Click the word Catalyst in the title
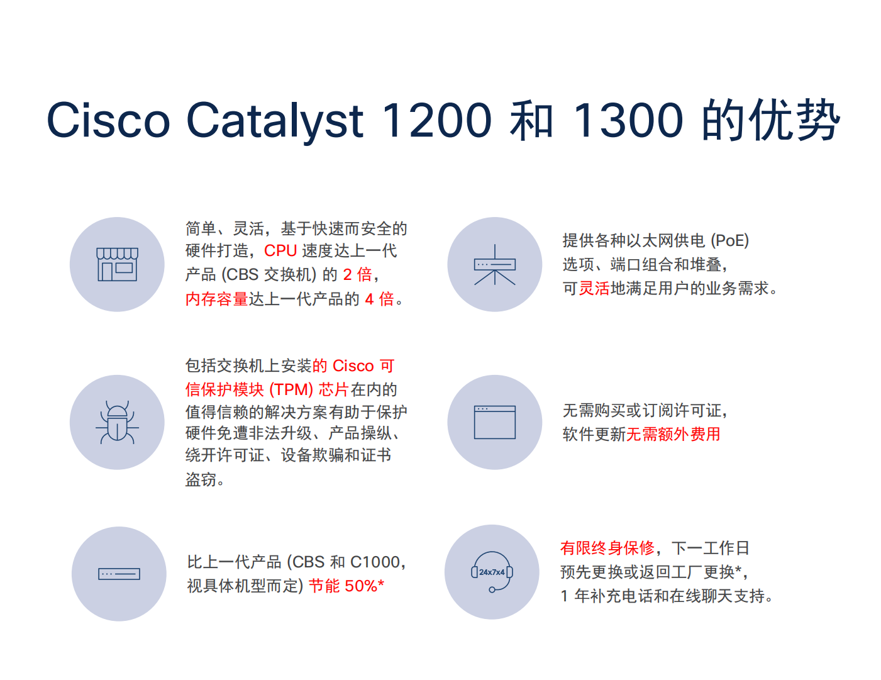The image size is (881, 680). pos(275,121)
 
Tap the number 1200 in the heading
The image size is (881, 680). pos(436,120)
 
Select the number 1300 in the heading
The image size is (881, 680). pos(629,120)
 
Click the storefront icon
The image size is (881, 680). pos(117,264)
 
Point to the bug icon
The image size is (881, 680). pos(117,422)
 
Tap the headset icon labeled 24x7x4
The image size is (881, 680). pos(492,572)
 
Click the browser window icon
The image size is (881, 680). pos(495,422)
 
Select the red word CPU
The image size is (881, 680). pos(280,250)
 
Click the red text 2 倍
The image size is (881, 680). pos(357,274)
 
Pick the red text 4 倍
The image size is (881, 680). pos(379,299)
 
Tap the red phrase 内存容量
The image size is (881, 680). pos(216,299)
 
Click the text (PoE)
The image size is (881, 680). pos(729,240)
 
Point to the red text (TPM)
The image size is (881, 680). pos(291,389)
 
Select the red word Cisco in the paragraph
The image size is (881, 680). pos(353,366)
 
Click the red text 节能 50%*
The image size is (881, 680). pos(346,586)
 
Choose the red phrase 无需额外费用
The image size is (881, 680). pos(673,434)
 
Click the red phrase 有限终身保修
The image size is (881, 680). pos(607,548)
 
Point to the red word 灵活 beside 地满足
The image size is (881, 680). pos(594,288)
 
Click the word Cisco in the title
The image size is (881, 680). pos(108,120)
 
